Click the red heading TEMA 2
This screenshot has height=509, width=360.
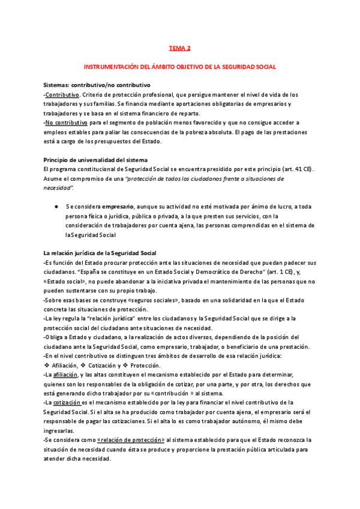179,48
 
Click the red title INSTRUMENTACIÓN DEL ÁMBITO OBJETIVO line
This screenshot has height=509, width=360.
179,67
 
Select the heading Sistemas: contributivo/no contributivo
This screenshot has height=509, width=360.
97,85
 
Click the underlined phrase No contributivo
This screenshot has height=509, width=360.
66,122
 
